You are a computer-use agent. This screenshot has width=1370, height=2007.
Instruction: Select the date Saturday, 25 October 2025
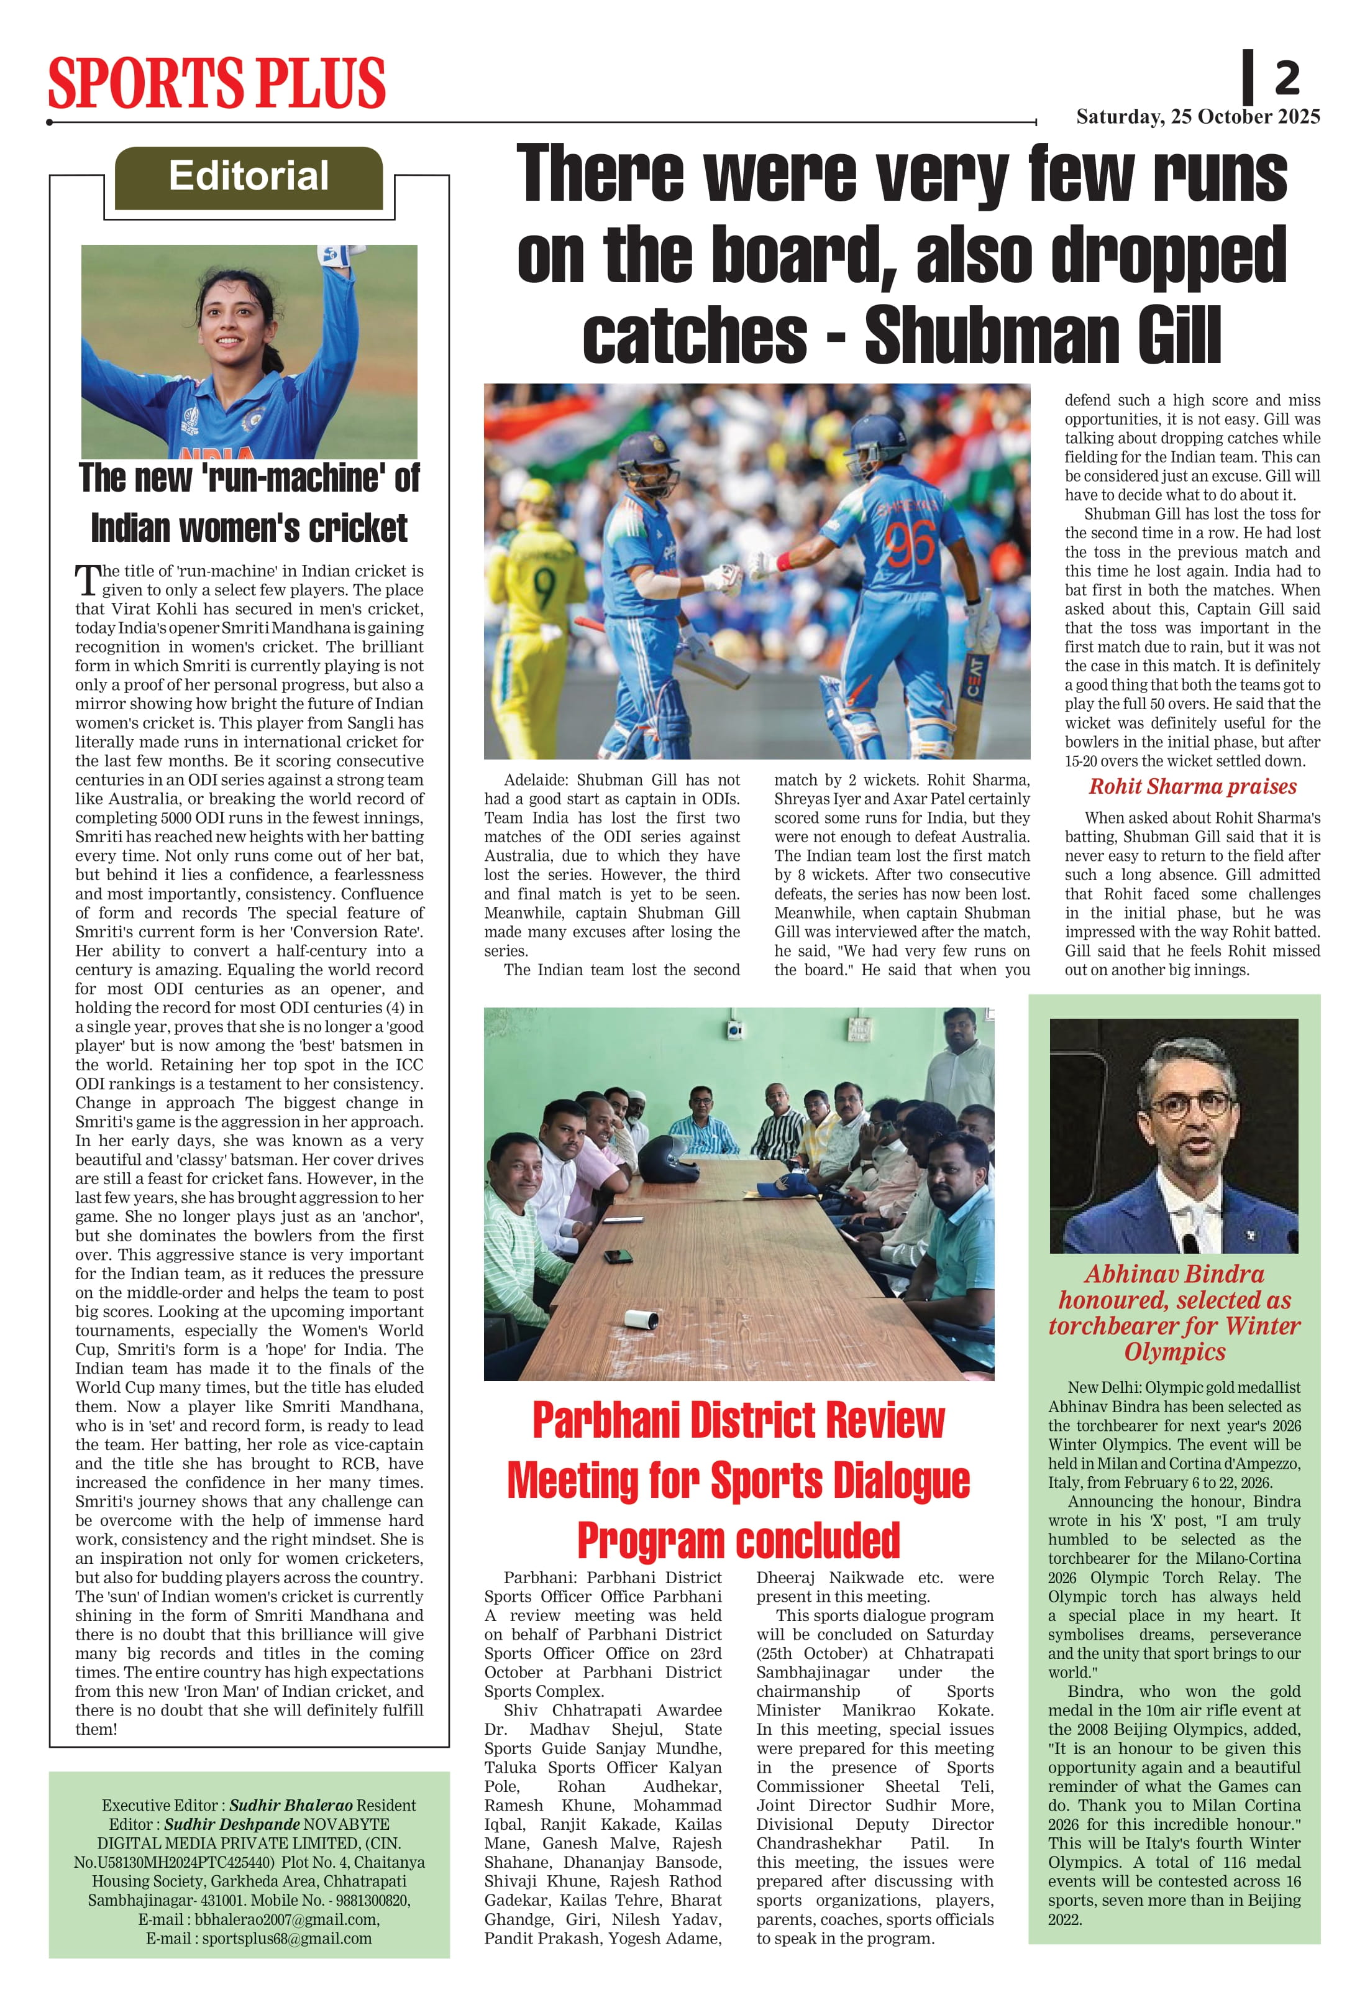coord(1197,117)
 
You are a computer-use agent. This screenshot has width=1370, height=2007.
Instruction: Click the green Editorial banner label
coord(249,176)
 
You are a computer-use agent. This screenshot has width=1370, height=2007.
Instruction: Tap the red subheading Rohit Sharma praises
coord(1192,787)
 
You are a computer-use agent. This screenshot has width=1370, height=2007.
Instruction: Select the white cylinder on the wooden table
coord(642,1319)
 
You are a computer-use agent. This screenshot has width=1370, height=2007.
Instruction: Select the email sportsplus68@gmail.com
coord(286,1938)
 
